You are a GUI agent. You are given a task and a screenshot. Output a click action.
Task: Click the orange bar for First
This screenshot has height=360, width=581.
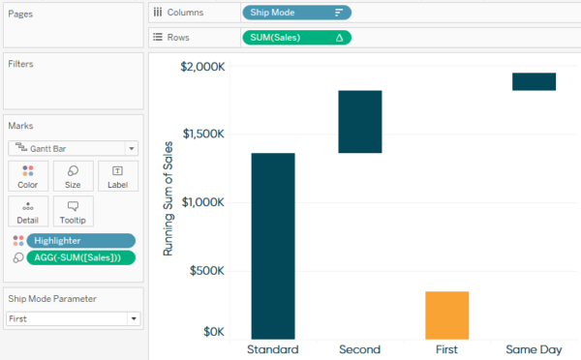tap(446, 315)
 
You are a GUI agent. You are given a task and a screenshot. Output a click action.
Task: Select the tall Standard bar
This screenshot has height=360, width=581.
tap(273, 246)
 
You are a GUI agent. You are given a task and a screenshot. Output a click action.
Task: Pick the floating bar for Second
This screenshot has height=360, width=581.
tap(359, 122)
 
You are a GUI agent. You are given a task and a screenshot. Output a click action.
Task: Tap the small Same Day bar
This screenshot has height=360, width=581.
tap(534, 81)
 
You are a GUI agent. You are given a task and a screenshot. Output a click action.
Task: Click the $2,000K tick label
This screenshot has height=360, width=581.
tap(202, 67)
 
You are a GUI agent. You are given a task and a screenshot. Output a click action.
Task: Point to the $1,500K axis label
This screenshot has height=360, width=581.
tap(202, 135)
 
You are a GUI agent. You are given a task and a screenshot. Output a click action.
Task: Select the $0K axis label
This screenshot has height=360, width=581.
tap(211, 332)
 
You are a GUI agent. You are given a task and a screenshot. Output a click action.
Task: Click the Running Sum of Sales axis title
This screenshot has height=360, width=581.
tap(168, 198)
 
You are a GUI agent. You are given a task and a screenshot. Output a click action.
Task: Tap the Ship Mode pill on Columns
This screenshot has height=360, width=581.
tap(296, 13)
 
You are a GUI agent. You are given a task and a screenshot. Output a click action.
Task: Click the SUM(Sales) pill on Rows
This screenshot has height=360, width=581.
tap(296, 37)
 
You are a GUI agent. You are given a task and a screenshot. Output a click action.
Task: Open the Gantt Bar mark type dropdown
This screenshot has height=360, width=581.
tap(74, 148)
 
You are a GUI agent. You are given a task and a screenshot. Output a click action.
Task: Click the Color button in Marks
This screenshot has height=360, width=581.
tap(27, 175)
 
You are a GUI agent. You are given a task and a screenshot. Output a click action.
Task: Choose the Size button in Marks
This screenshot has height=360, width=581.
tap(74, 175)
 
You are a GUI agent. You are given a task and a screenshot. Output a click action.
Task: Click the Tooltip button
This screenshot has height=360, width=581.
tap(74, 211)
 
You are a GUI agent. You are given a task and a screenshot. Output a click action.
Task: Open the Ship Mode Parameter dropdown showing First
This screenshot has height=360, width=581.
tap(74, 317)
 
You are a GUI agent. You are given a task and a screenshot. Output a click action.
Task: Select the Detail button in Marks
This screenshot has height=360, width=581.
tap(27, 211)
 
